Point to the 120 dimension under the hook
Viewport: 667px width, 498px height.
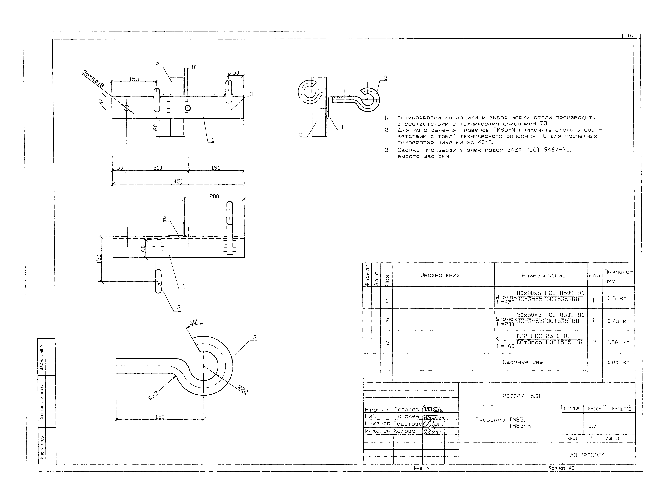pyautogui.click(x=160, y=417)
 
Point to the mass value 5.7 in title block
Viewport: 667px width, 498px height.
pyautogui.click(x=592, y=426)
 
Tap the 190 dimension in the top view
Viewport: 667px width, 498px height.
pyautogui.click(x=216, y=168)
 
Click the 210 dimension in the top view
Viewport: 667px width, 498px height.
pyautogui.click(x=157, y=168)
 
